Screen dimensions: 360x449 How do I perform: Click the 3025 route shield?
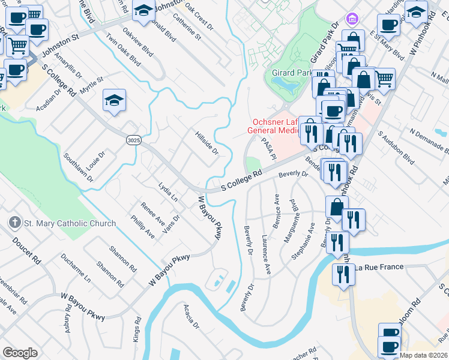coord(134,140)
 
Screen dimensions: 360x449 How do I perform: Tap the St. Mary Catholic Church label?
coord(70,224)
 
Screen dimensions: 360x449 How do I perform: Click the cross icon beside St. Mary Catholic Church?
coord(15,223)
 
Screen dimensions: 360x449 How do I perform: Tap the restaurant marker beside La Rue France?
coord(343,275)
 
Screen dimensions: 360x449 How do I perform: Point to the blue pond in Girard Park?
coord(289,88)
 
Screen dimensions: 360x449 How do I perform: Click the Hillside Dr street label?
coord(206,143)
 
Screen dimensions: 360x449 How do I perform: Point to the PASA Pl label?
coord(267,148)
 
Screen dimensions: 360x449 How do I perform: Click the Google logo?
coord(20,353)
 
